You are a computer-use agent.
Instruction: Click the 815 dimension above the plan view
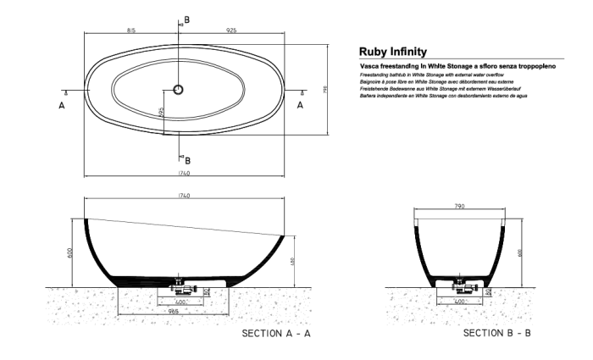[131, 30]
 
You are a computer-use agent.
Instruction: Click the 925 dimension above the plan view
[232, 30]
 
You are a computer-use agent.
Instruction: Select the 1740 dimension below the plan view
[184, 173]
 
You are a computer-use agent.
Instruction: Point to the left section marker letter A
[61, 105]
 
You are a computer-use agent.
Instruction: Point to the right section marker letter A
[299, 105]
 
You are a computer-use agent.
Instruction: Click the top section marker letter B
[187, 19]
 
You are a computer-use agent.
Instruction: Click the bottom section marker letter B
[187, 160]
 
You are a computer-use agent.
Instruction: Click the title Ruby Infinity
[393, 52]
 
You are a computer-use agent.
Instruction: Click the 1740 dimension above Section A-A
[184, 197]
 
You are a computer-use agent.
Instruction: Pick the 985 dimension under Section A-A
[173, 312]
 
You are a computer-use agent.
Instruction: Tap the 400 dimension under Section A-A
[180, 301]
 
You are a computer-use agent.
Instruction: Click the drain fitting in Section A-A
[180, 286]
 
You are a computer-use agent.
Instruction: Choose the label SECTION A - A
[277, 335]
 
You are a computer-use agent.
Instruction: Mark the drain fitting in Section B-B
[462, 286]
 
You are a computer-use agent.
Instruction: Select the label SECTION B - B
[496, 334]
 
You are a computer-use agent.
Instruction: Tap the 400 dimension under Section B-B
[461, 301]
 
